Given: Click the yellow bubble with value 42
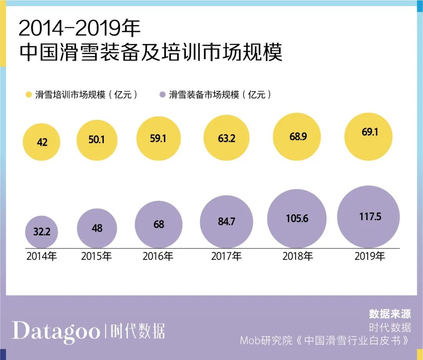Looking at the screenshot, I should pyautogui.click(x=42, y=142).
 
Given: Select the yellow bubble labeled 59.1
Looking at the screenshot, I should pyautogui.click(x=159, y=139).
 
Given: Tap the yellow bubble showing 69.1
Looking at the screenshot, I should pyautogui.click(x=368, y=137).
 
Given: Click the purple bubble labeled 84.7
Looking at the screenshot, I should pyautogui.click(x=226, y=221).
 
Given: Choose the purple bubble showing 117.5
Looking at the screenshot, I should pyautogui.click(x=368, y=217).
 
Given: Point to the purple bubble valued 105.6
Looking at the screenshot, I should pyautogui.click(x=296, y=218).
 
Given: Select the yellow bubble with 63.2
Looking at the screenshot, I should pyautogui.click(x=226, y=138).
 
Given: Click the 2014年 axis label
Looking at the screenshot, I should pyautogui.click(x=42, y=257).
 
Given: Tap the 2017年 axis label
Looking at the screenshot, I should pyautogui.click(x=226, y=257).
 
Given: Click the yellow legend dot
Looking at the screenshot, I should pyautogui.click(x=29, y=95).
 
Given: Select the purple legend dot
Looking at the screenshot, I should pyautogui.click(x=163, y=95).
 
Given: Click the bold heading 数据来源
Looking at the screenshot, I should pyautogui.click(x=390, y=314).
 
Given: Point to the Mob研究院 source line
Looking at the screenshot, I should pyautogui.click(x=325, y=340).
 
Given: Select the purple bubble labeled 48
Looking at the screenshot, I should pyautogui.click(x=97, y=228).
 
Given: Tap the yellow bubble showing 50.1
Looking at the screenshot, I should pyautogui.click(x=97, y=140).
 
